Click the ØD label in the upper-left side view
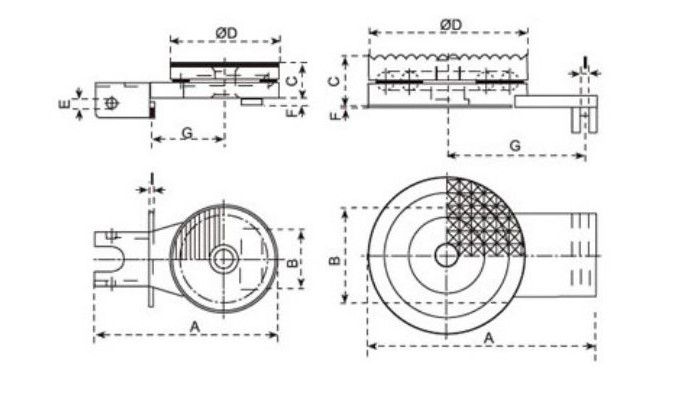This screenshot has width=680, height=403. coord(226,33)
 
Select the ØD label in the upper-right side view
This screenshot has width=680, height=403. coord(451,25)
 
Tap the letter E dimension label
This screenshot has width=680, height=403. coord(64,104)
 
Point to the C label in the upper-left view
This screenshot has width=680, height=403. coord(293,81)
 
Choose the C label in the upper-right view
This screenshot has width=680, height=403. coord(334,81)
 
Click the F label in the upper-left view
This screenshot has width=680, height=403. coord(292,112)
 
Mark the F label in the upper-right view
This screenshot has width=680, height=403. coord(334,116)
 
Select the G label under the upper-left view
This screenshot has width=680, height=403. coord(187,132)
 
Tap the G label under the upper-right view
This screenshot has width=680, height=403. coord(515,146)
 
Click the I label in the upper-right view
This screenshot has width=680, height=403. coord(585,62)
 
